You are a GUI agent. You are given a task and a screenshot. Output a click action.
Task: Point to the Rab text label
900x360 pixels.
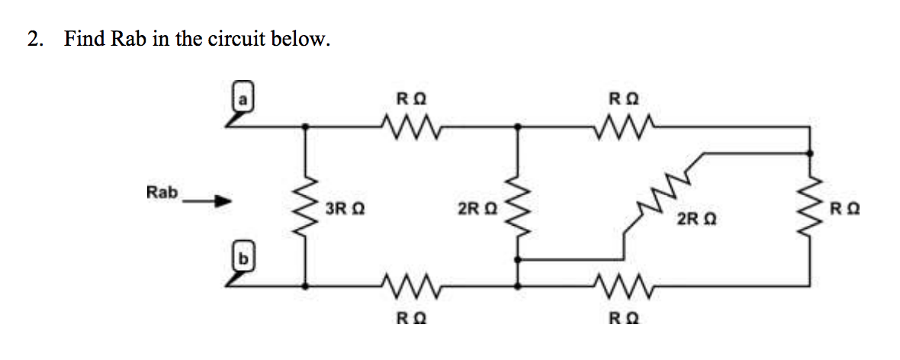point(162,192)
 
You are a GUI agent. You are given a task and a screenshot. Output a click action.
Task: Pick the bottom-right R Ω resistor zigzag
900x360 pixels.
point(625,287)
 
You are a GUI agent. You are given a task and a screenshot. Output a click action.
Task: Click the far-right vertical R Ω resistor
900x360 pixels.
point(810,207)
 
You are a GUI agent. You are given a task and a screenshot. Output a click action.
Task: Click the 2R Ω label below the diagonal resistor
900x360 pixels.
point(696,220)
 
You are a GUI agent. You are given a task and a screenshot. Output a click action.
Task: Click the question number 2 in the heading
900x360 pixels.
point(34,39)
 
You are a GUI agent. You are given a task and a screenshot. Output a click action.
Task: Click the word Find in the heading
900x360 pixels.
point(85,39)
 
